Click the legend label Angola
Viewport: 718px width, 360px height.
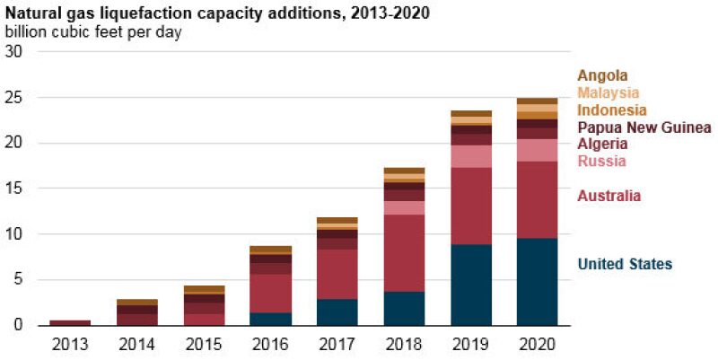pyautogui.click(x=602, y=75)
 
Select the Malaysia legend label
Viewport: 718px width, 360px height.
pyautogui.click(x=609, y=92)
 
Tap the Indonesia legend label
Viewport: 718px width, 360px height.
pyautogui.click(x=612, y=110)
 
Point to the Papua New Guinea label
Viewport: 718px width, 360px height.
pyautogui.click(x=644, y=127)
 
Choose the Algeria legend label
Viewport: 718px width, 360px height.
pyautogui.click(x=601, y=144)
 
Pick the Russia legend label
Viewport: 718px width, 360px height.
pyautogui.click(x=601, y=162)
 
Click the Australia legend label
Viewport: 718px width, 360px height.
pyautogui.click(x=609, y=196)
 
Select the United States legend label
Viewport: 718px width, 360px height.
pyautogui.click(x=625, y=263)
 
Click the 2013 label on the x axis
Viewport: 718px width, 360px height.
pyautogui.click(x=70, y=343)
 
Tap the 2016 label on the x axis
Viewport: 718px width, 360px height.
pyautogui.click(x=270, y=343)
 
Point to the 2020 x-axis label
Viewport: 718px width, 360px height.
pyautogui.click(x=537, y=343)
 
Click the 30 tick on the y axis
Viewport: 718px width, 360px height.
pyautogui.click(x=14, y=52)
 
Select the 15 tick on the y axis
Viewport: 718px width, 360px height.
pyautogui.click(x=14, y=189)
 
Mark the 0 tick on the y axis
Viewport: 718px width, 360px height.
pyautogui.click(x=19, y=325)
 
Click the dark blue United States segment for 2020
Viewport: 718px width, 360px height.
pyautogui.click(x=537, y=281)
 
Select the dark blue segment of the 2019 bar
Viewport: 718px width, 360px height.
pyautogui.click(x=470, y=285)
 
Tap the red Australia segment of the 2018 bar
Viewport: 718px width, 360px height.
pyautogui.click(x=404, y=253)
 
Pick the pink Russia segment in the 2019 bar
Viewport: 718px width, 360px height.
pyautogui.click(x=470, y=156)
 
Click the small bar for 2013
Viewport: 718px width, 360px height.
pyautogui.click(x=70, y=321)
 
